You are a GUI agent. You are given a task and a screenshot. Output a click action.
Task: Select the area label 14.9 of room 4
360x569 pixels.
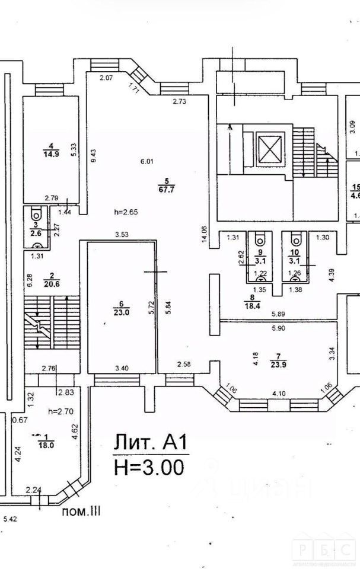click(x=51, y=155)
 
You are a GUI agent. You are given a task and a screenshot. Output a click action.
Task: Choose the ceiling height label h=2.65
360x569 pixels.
click(x=126, y=212)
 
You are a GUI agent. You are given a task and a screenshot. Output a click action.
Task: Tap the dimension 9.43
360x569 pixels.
click(x=94, y=155)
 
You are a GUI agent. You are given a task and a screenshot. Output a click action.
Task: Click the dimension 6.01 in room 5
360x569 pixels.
click(x=146, y=161)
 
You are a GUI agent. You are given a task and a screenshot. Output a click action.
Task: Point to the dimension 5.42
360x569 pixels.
click(x=10, y=520)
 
